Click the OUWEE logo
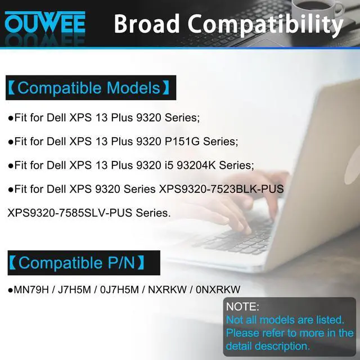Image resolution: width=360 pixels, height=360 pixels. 45,23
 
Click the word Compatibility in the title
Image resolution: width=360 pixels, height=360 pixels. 265,25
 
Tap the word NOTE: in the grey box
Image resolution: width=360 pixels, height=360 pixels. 242,307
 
